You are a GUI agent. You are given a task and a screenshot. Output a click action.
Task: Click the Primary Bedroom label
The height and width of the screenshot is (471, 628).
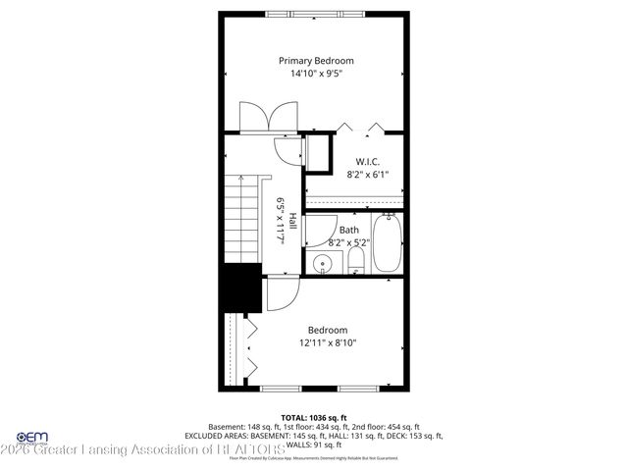pyautogui.click(x=314, y=60)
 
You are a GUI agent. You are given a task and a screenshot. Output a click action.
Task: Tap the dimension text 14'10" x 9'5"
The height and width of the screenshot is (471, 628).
pyautogui.click(x=314, y=74)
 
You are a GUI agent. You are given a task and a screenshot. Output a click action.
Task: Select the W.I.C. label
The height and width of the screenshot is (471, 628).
pyautogui.click(x=368, y=161)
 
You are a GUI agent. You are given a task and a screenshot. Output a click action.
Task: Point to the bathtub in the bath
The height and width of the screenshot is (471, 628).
pyautogui.click(x=388, y=245)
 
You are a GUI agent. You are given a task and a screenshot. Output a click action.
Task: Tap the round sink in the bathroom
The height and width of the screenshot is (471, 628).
pyautogui.click(x=323, y=263)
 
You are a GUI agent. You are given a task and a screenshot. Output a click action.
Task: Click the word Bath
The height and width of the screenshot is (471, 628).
pyautogui.click(x=349, y=231)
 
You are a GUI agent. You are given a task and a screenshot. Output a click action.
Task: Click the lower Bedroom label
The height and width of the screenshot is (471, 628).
pyautogui.click(x=328, y=330)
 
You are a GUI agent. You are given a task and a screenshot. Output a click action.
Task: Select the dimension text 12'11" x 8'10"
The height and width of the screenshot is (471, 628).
pyautogui.click(x=328, y=343)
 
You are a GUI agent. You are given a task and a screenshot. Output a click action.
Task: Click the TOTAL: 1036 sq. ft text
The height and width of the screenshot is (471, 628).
pyautogui.click(x=314, y=417)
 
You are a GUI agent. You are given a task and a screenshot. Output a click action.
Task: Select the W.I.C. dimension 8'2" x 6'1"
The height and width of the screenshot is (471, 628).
pyautogui.click(x=368, y=175)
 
